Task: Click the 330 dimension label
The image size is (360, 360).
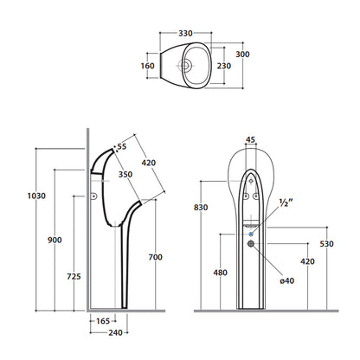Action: (185, 34)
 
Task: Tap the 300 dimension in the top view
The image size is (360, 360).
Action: (242, 55)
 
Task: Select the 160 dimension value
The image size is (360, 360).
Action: (147, 66)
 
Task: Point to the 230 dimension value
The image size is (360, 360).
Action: (224, 66)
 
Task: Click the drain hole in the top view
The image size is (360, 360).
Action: (185, 66)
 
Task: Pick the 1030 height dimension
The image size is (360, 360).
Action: (36, 196)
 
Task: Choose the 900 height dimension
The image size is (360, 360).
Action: (55, 240)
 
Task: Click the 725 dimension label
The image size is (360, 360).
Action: (74, 277)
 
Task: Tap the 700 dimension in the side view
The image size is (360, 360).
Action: (156, 257)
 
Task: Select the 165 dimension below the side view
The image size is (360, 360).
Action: (103, 321)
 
